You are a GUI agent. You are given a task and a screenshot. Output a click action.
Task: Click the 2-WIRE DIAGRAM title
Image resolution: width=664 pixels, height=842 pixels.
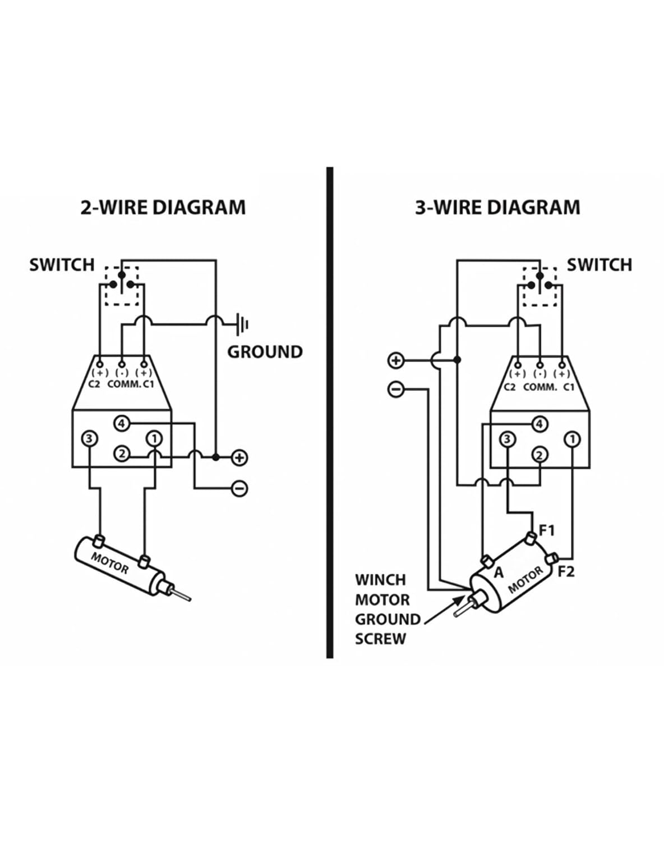(x=163, y=208)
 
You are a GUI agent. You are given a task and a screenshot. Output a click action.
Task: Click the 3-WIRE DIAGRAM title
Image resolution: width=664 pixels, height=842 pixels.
(x=497, y=208)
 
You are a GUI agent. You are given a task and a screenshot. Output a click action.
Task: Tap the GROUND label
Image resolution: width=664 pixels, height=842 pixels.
(x=265, y=352)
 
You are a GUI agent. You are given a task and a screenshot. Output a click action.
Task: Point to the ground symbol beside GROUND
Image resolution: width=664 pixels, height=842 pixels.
(x=243, y=324)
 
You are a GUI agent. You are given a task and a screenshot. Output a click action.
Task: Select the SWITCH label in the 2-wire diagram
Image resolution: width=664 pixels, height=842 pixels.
(x=62, y=264)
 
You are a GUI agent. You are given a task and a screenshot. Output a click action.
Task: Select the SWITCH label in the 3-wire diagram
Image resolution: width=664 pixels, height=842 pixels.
(x=599, y=264)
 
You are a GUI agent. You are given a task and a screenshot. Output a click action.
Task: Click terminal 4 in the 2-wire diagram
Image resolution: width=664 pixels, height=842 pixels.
(x=122, y=423)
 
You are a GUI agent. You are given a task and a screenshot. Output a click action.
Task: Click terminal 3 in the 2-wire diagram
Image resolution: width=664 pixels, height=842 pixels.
(x=89, y=438)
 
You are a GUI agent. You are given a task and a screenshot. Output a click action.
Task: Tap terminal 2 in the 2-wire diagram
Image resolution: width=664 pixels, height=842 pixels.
(x=122, y=454)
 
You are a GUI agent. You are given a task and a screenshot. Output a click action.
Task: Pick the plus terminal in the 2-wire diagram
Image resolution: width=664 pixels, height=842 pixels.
(x=239, y=457)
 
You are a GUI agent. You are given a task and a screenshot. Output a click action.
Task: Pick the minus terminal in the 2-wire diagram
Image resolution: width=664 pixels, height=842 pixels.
(x=239, y=488)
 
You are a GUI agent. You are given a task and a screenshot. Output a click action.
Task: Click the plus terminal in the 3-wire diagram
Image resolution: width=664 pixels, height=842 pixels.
(x=396, y=360)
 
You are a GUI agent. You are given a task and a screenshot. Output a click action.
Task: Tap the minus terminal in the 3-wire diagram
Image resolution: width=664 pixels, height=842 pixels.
(x=396, y=388)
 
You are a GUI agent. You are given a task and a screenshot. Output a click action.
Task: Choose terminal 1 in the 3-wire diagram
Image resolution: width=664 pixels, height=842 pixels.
(x=572, y=438)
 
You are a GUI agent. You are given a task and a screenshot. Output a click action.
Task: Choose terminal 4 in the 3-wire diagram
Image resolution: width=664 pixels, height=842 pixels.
(x=539, y=423)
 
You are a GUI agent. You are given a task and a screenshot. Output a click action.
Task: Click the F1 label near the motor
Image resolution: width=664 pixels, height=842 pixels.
(x=547, y=530)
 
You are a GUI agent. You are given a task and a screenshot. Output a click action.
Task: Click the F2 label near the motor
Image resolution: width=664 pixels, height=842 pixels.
(x=566, y=572)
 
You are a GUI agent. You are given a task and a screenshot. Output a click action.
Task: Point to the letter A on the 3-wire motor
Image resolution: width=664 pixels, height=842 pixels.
(x=498, y=573)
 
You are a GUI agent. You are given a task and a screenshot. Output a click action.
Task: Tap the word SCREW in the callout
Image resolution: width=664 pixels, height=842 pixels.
(x=380, y=639)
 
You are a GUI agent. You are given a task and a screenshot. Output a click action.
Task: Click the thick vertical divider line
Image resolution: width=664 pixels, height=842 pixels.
(x=330, y=413)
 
